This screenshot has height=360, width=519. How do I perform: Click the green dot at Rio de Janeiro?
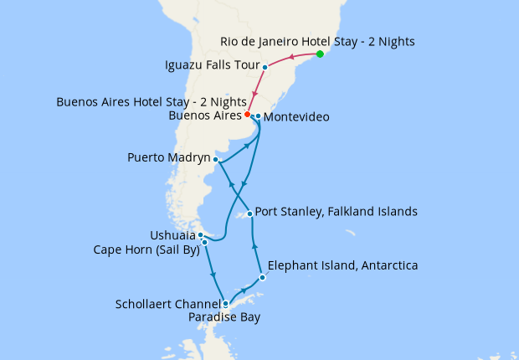click(x=320, y=54)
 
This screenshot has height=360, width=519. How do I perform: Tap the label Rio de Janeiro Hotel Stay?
click(x=317, y=40)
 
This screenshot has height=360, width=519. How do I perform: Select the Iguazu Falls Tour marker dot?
click(x=265, y=67)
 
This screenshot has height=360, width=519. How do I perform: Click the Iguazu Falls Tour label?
click(x=210, y=64)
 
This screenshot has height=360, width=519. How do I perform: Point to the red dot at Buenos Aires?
click(x=247, y=114)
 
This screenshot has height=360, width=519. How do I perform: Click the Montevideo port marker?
click(x=258, y=116)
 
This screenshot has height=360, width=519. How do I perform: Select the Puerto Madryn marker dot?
click(x=216, y=158)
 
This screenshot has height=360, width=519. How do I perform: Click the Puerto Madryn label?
click(x=168, y=157)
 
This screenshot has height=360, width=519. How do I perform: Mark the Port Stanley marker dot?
click(x=249, y=213)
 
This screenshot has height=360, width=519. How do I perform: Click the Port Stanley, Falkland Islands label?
click(x=335, y=212)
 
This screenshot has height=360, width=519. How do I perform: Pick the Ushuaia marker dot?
click(x=201, y=235)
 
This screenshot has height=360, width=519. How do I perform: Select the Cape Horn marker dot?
click(x=204, y=243)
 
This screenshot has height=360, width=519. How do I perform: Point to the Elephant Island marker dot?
click(x=262, y=277)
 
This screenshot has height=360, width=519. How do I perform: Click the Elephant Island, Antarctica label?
click(x=342, y=266)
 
